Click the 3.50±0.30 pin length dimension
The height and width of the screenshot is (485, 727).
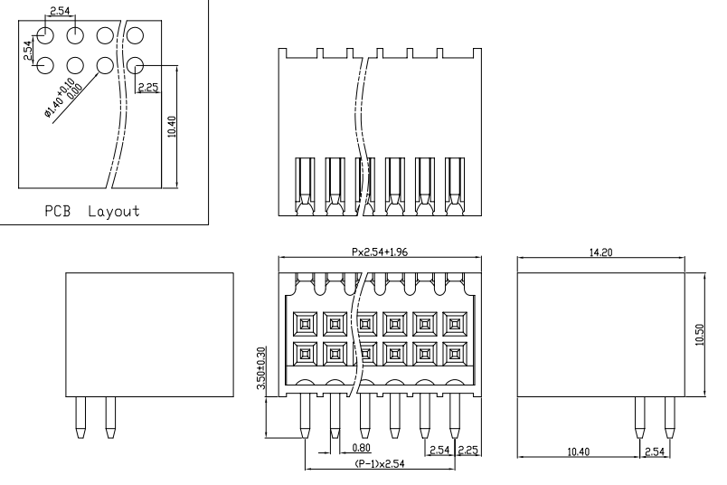tap(260, 368)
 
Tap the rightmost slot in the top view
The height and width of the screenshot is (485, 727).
tap(454, 185)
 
